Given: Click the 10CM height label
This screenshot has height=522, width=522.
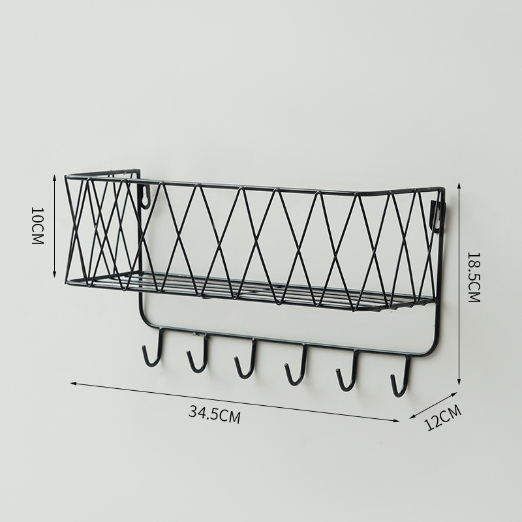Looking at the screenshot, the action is click(37, 226).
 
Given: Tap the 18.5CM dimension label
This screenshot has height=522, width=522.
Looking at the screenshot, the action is click(474, 277).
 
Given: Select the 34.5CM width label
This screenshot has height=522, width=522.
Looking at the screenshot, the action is click(215, 414).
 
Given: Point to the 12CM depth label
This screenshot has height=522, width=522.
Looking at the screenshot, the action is click(444, 418).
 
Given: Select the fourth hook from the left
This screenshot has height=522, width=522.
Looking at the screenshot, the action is click(296, 365).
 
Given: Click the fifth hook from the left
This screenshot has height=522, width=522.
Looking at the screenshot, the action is click(348, 370).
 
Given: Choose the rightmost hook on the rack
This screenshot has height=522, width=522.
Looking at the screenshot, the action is click(401, 376).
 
